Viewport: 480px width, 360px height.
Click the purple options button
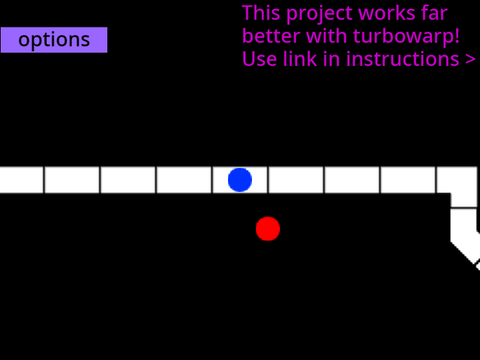(54, 40)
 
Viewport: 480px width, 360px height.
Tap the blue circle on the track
(240, 180)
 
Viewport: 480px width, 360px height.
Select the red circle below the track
(268, 229)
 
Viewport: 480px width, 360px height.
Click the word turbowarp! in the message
(406, 36)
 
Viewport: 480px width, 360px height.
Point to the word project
(319, 14)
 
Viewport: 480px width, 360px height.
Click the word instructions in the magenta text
(403, 59)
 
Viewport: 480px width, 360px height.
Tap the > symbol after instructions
(470, 60)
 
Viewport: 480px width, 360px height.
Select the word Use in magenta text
(260, 59)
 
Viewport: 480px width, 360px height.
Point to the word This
(261, 13)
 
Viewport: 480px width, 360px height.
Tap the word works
(387, 13)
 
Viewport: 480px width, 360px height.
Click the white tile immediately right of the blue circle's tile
(296, 180)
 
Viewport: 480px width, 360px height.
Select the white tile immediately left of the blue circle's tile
(184, 180)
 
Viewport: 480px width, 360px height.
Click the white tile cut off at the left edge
(21, 180)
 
